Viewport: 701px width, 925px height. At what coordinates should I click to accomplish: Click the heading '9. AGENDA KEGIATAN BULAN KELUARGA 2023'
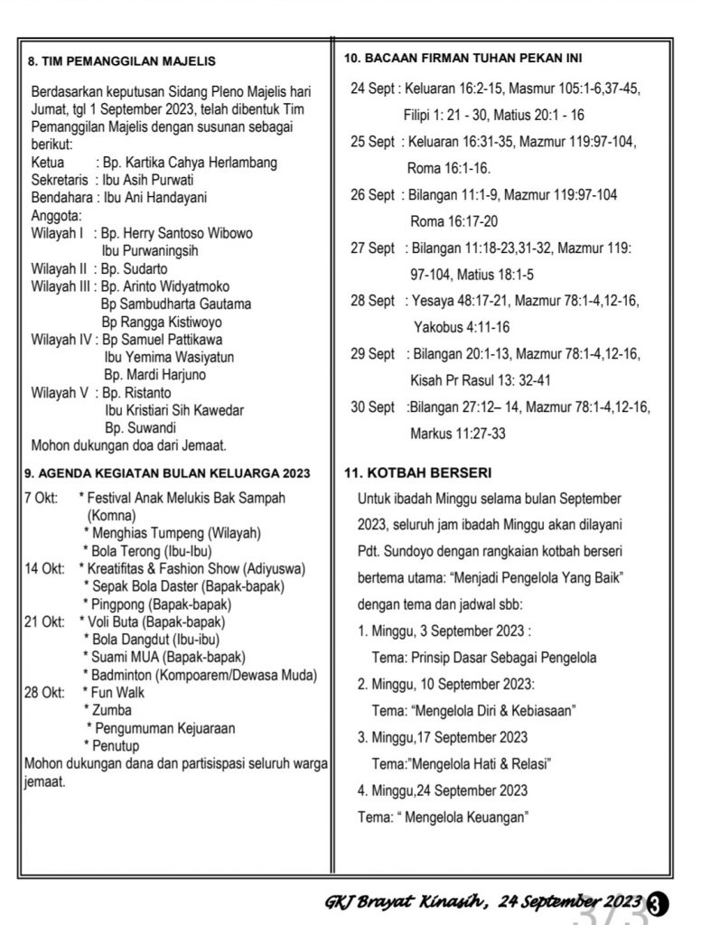166,472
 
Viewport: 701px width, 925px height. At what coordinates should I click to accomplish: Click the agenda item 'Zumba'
112,710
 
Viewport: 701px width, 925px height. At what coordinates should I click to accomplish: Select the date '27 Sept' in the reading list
372,248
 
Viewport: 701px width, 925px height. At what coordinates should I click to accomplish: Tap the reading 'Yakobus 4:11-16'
461,327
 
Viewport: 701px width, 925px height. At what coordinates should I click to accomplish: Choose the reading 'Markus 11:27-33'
457,434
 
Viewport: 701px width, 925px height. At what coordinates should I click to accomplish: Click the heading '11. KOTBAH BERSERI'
417,472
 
